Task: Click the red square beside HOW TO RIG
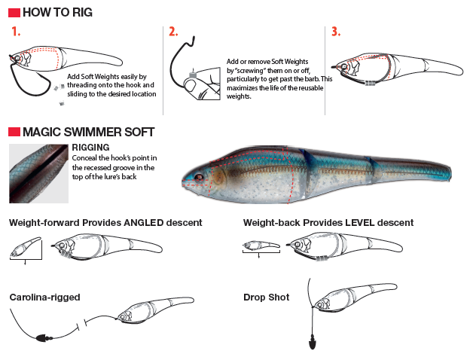[x=14, y=13]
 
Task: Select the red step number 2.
[x=173, y=32]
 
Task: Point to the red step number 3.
[x=336, y=32]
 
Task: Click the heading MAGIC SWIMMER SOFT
[x=88, y=133]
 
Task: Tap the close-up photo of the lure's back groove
[x=38, y=173]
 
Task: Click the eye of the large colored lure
[x=198, y=178]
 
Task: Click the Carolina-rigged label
[x=44, y=297]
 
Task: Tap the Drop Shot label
[x=266, y=297]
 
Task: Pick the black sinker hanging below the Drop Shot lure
[x=310, y=345]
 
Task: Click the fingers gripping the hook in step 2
[x=198, y=90]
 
